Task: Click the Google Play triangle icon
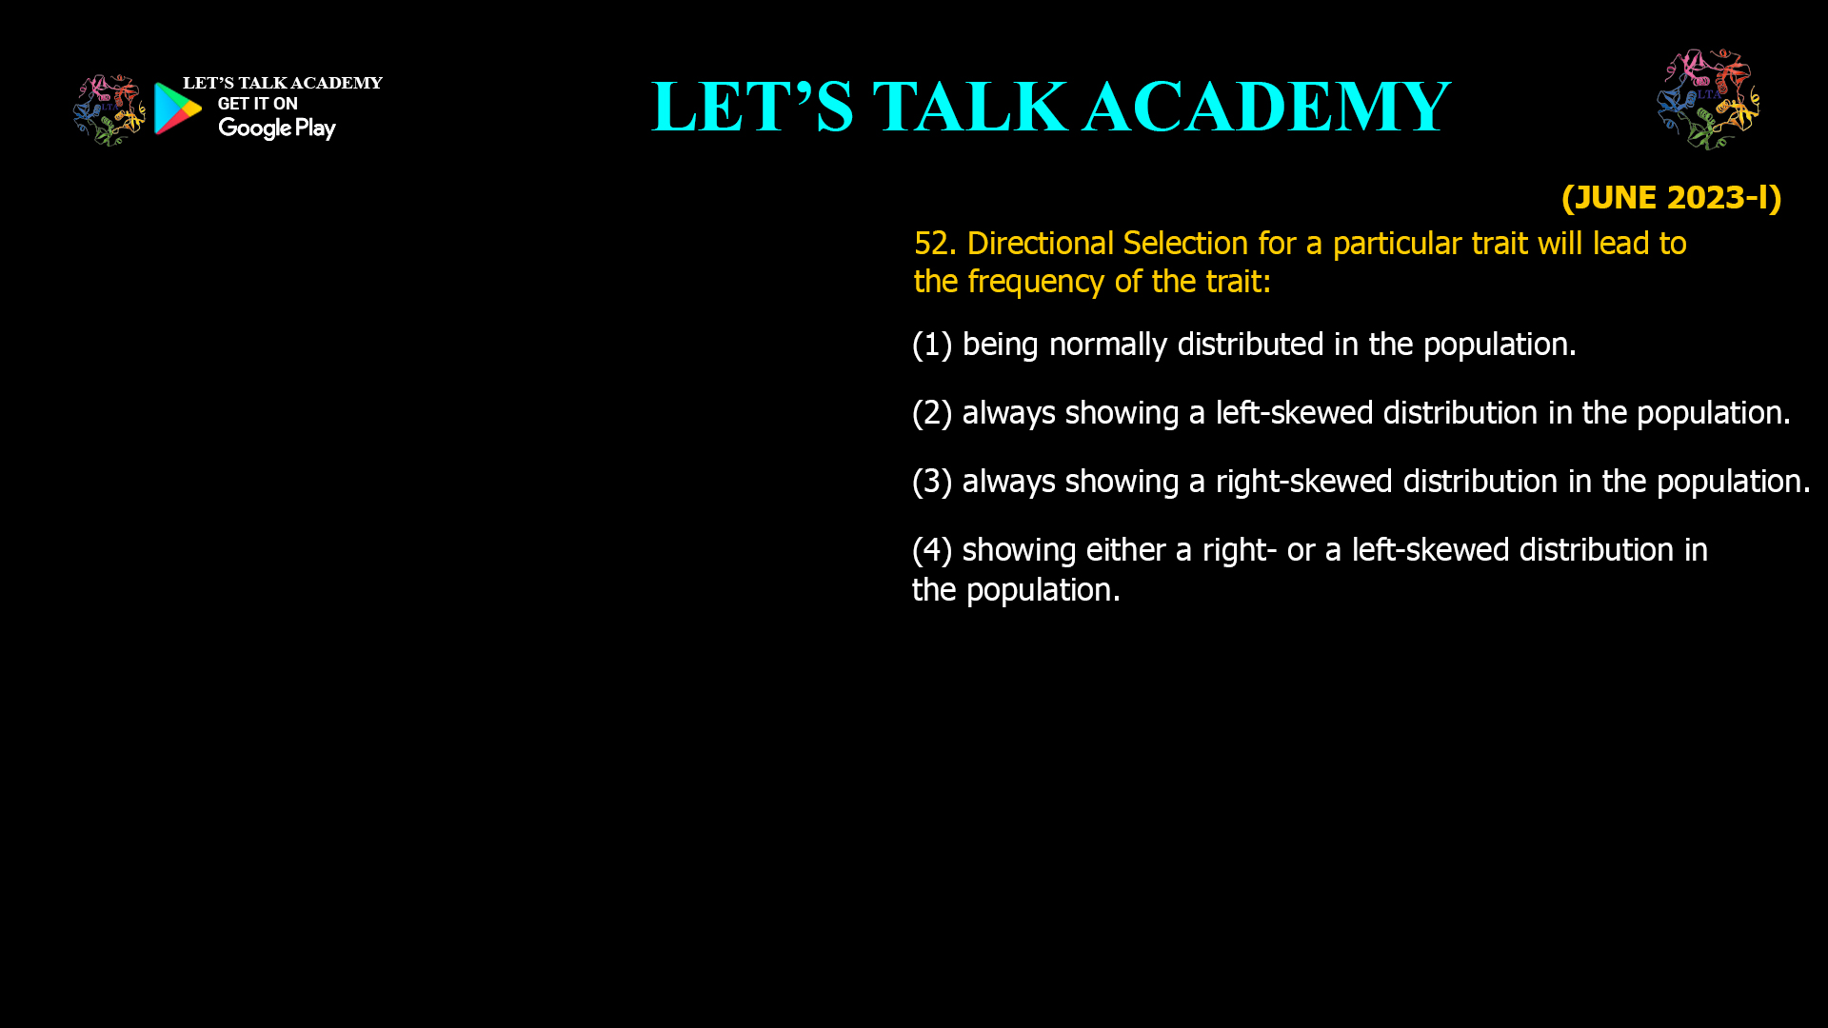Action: pos(178,109)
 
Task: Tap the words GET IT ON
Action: pos(258,104)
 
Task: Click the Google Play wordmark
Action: pos(277,128)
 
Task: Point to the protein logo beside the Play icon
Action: pos(109,110)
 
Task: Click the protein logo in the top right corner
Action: pos(1708,99)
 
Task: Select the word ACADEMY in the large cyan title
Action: pos(1267,106)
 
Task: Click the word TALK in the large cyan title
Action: pos(970,106)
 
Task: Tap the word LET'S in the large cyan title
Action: pos(753,106)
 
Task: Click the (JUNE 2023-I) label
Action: pos(1672,197)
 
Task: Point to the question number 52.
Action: pos(935,244)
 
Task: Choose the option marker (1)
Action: pos(932,345)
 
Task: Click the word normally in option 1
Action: pos(1107,345)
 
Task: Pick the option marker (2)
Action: pos(932,413)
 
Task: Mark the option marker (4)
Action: pos(932,550)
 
